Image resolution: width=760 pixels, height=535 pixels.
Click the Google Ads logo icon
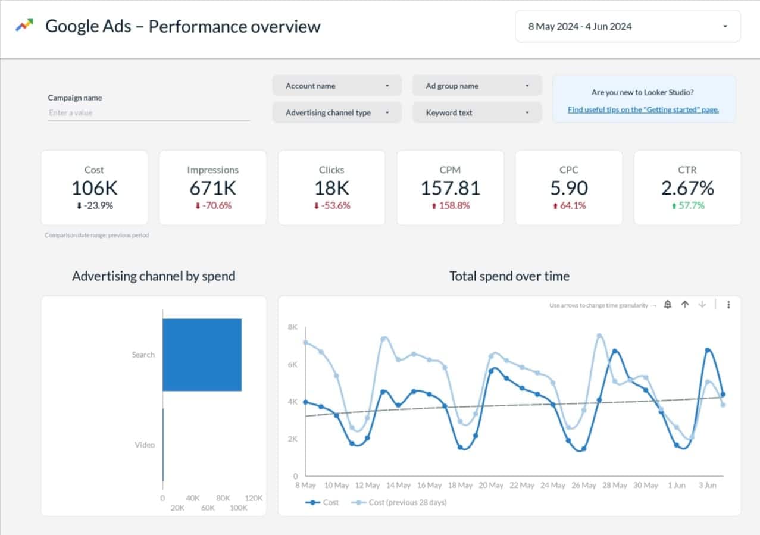(24, 26)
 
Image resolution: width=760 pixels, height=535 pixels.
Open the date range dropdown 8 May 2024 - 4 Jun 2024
(627, 26)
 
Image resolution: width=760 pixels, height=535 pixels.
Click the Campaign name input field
(148, 113)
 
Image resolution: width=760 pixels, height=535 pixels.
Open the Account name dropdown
(336, 86)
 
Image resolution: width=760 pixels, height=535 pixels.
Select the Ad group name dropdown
(477, 86)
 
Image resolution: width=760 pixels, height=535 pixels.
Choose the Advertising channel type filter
(336, 112)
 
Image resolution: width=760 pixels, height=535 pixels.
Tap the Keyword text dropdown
(477, 112)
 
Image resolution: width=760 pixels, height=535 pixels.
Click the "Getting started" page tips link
(643, 109)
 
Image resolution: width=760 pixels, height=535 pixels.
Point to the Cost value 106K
(94, 188)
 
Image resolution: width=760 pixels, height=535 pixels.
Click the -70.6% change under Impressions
(213, 206)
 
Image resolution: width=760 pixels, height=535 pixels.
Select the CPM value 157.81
(450, 188)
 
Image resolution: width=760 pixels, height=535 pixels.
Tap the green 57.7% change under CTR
(687, 206)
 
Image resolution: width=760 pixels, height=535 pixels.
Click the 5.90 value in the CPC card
(568, 188)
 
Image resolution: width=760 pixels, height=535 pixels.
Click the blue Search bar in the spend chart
(202, 355)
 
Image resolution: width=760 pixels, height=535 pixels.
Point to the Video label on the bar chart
(144, 445)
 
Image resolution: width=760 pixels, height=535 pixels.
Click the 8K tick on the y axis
(292, 327)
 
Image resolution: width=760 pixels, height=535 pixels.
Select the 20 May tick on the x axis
(491, 485)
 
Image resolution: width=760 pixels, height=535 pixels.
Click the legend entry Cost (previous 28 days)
(407, 502)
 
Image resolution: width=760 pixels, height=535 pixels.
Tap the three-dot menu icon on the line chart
(728, 305)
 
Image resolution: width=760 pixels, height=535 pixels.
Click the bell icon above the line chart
(668, 305)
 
